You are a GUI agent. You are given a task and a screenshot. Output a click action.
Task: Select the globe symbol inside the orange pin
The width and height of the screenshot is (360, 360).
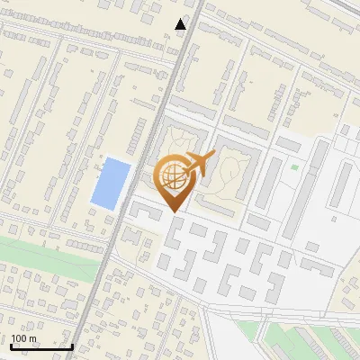tap(173, 177)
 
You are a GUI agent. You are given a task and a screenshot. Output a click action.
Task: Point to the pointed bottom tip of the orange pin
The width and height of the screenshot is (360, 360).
tap(173, 211)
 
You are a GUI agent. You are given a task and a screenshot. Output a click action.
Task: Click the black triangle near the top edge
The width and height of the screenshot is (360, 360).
tap(181, 24)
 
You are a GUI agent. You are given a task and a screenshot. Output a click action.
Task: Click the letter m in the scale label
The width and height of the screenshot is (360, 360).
tap(33, 338)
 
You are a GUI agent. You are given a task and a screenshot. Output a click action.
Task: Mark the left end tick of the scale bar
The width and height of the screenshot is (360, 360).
tap(11, 345)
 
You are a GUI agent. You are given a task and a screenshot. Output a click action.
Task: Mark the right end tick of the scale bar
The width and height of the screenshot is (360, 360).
tap(72, 345)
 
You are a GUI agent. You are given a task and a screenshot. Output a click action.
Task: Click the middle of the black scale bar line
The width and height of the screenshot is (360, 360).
tap(41, 346)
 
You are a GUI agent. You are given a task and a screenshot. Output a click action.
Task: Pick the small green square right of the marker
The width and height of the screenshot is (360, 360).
tap(294, 166)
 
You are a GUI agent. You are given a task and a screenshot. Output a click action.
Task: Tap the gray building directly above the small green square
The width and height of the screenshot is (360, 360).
tap(290, 143)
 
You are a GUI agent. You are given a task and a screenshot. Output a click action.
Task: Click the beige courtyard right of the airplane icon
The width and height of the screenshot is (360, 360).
tap(230, 171)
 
